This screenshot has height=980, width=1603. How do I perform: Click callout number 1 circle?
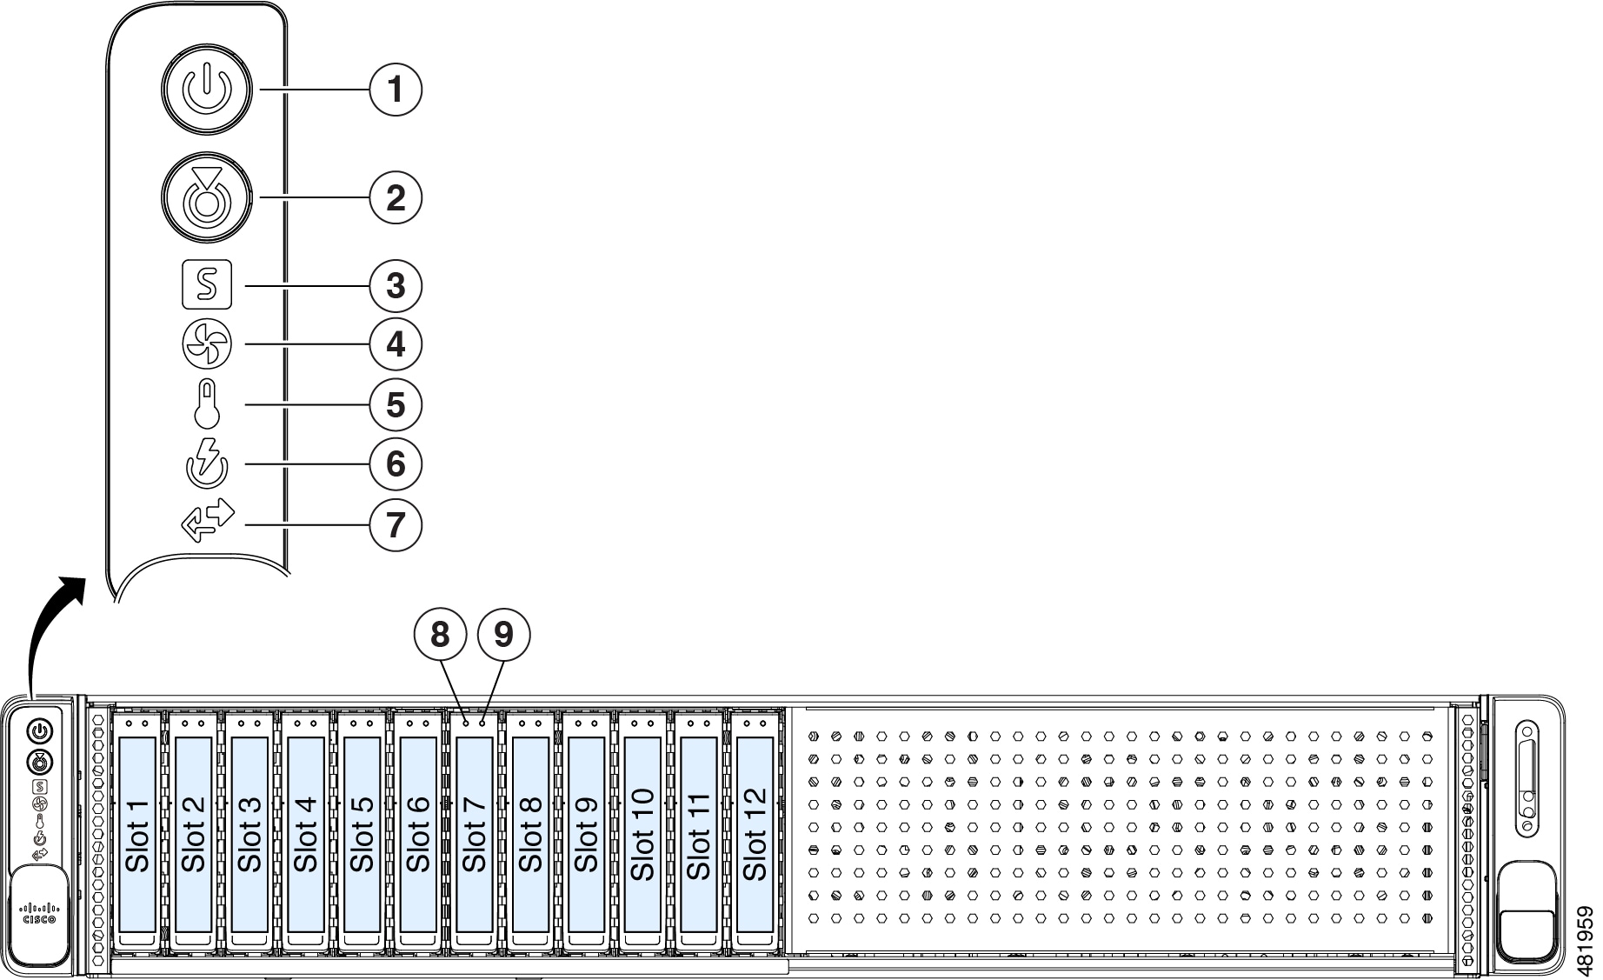[x=396, y=89]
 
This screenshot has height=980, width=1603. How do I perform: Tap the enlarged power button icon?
[x=207, y=90]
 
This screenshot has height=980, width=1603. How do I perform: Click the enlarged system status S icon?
[x=207, y=284]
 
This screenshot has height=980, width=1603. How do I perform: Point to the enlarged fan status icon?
[x=207, y=344]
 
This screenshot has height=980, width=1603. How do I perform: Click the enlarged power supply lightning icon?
[x=207, y=463]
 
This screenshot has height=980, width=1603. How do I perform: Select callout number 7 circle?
[x=396, y=524]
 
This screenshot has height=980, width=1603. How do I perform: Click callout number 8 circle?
[x=441, y=634]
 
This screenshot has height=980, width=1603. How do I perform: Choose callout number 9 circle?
[x=504, y=634]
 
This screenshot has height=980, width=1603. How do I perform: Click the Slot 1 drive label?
[x=137, y=835]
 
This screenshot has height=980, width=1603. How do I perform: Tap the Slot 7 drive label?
[x=474, y=835]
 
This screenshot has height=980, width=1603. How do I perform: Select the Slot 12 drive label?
[x=754, y=835]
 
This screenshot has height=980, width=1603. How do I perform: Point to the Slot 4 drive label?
[x=306, y=835]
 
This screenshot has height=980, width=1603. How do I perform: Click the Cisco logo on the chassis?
[x=39, y=913]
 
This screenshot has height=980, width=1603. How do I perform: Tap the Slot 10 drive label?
[x=642, y=835]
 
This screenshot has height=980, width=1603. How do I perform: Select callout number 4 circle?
[x=396, y=344]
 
